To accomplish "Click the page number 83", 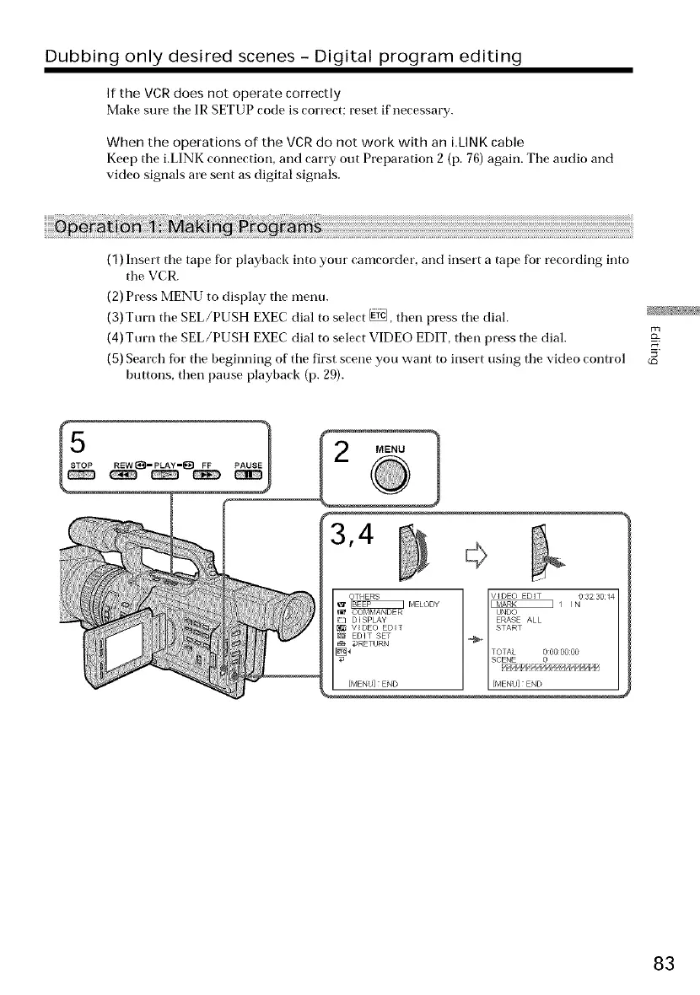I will point(663,963).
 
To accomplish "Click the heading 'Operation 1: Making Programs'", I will point(187,229).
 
